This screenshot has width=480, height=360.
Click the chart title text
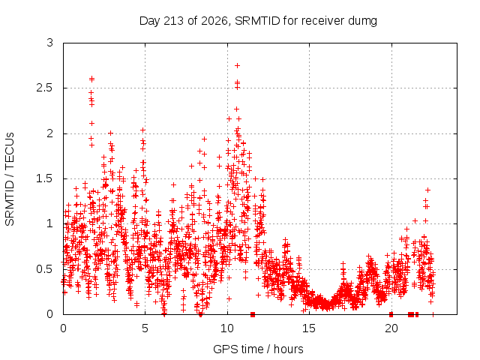pyautogui.click(x=258, y=21)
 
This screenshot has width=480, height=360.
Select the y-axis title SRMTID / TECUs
pyautogui.click(x=10, y=179)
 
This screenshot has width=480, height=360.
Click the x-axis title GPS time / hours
pyautogui.click(x=258, y=349)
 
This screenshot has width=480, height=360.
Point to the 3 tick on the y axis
pyautogui.click(x=50, y=43)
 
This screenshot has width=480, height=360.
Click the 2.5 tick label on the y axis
pyautogui.click(x=45, y=88)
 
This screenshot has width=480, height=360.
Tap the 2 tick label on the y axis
pyautogui.click(x=50, y=133)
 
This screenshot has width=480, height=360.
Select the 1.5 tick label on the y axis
pyautogui.click(x=45, y=178)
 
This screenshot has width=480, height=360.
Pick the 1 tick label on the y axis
pyautogui.click(x=50, y=223)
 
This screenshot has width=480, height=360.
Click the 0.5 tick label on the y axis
pyautogui.click(x=45, y=269)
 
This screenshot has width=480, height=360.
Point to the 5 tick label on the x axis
pyautogui.click(x=145, y=328)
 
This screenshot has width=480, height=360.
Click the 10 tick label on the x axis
pyautogui.click(x=227, y=328)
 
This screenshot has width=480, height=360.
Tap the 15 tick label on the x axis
pyautogui.click(x=309, y=328)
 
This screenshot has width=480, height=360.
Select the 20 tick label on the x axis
pyautogui.click(x=391, y=328)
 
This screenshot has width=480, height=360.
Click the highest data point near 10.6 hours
pyautogui.click(x=237, y=65)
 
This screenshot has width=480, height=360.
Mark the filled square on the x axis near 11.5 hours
pyautogui.click(x=253, y=314)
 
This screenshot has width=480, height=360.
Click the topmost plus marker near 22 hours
pyautogui.click(x=428, y=190)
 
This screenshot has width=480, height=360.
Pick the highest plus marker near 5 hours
pyautogui.click(x=142, y=130)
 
